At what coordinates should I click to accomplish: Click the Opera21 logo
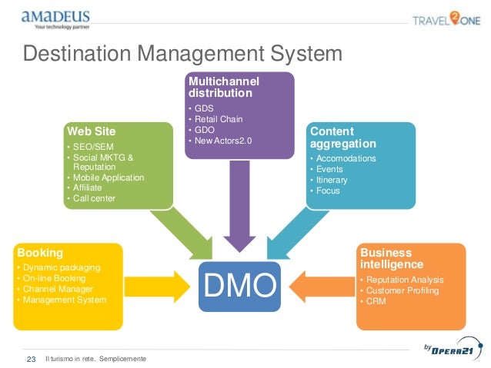[x=450, y=350]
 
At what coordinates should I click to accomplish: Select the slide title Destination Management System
[x=182, y=55]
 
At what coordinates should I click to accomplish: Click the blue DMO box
[x=239, y=285]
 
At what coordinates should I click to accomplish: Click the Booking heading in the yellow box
[x=39, y=252]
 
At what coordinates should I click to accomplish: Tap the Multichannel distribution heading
[x=223, y=87]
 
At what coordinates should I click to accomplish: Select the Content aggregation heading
[x=342, y=138]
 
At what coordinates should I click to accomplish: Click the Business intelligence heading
[x=386, y=258]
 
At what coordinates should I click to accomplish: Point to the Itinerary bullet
[x=331, y=180]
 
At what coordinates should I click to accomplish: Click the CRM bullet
[x=376, y=301]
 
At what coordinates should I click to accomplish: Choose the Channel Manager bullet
[x=57, y=289]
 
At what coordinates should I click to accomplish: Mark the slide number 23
[x=32, y=359]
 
